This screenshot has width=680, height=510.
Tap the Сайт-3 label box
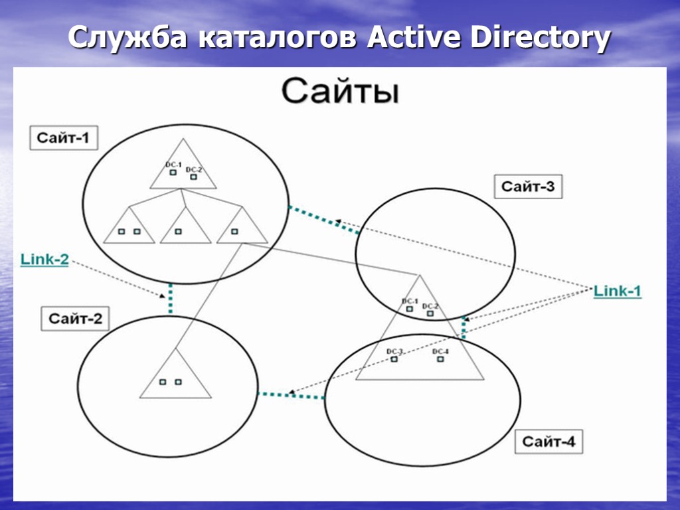coord(527,187)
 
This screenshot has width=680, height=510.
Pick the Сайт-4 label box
coord(548,441)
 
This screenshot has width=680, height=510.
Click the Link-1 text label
coord(617,291)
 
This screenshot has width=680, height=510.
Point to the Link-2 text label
coord(44,259)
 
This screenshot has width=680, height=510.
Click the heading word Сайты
coord(340,92)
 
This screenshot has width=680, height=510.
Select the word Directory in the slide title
coord(540,39)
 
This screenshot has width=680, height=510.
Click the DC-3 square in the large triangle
coord(394,359)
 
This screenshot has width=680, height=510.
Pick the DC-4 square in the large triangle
coord(440,359)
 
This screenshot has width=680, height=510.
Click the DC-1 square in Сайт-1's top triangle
coord(172,173)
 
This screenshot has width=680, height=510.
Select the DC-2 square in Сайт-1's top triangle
coord(193,177)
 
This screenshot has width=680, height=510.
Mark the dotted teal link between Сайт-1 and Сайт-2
coord(171,298)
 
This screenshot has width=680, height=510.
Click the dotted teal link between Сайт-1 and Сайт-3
coord(323,220)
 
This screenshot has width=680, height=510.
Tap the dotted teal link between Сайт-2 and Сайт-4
coord(291,396)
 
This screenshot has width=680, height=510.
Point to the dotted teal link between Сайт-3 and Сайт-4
coord(464,329)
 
